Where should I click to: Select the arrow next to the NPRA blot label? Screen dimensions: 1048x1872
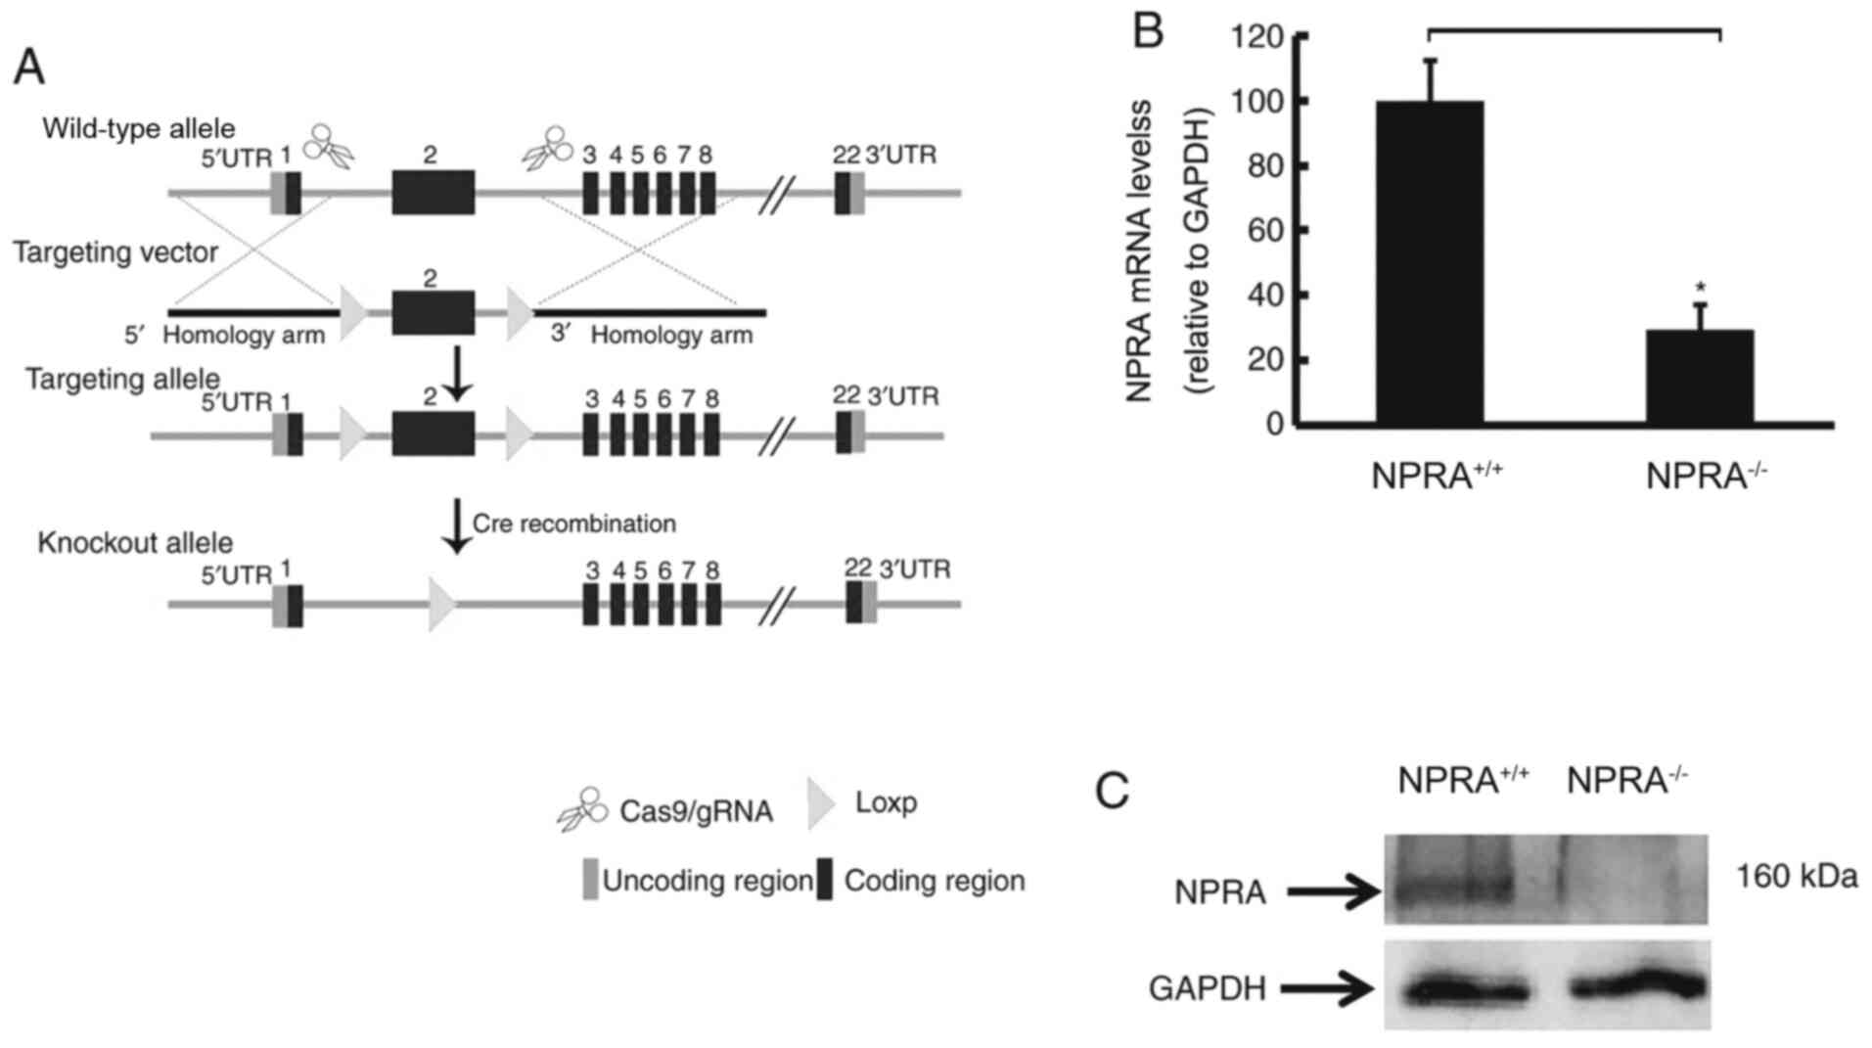[1333, 892]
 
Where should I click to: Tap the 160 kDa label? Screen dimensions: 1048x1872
[1796, 876]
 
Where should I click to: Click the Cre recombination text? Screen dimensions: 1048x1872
[573, 524]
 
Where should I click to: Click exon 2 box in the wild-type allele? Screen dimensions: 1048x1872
[434, 192]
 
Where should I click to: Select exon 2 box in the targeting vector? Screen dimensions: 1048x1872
[434, 312]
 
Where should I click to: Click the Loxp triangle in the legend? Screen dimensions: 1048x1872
[820, 804]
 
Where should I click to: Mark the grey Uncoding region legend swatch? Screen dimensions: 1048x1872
[590, 880]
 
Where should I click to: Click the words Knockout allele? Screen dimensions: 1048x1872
[135, 543]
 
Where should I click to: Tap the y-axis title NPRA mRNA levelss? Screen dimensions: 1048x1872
[1139, 251]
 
